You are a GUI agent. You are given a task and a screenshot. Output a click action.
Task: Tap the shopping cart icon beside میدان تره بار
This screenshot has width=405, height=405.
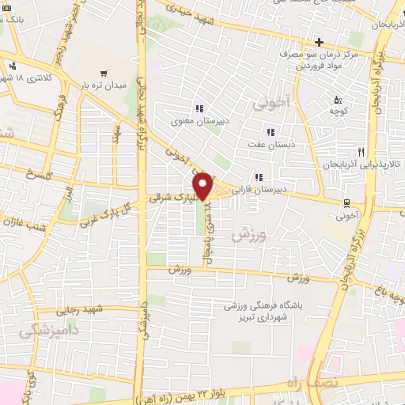click(103, 74)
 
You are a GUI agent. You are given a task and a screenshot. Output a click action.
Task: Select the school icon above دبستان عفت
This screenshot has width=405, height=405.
click(271, 132)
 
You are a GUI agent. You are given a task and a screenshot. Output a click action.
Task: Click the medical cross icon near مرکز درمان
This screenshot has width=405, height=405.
click(318, 42)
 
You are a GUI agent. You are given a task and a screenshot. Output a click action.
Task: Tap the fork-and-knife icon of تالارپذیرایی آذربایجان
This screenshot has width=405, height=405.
click(361, 152)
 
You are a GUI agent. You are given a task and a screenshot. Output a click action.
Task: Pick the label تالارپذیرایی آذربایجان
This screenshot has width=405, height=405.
click(362, 165)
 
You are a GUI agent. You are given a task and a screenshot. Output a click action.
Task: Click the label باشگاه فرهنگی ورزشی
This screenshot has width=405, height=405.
click(262, 305)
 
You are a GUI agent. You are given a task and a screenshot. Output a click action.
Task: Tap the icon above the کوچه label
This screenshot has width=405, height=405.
click(338, 100)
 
